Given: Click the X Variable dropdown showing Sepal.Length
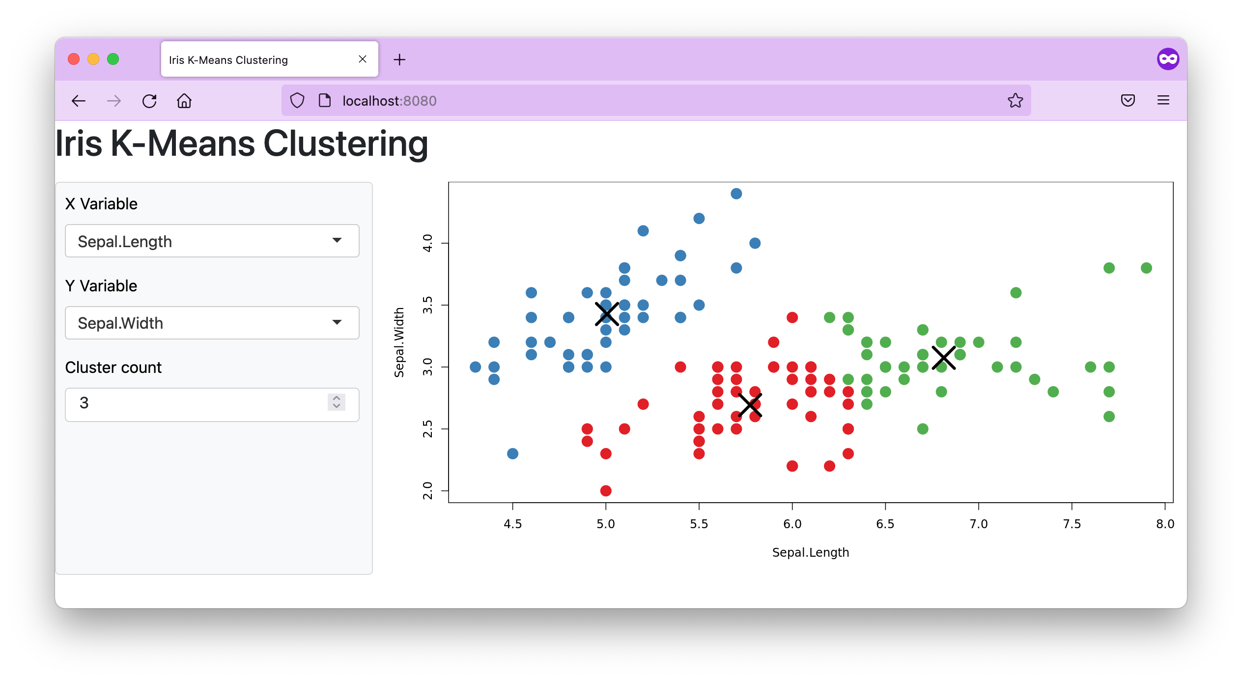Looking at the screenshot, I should [x=212, y=241].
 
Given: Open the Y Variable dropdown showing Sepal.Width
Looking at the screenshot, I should [x=212, y=323].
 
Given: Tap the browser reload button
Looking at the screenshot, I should [x=149, y=101].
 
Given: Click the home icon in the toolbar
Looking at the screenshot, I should [x=184, y=101].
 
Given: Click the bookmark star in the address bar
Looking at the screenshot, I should [x=1015, y=101].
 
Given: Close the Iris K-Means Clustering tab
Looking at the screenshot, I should [x=363, y=59].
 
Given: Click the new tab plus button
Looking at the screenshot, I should [x=399, y=60].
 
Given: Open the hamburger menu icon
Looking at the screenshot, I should [x=1163, y=101].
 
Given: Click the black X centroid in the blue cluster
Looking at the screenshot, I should [x=607, y=314].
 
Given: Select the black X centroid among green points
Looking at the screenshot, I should [x=943, y=358].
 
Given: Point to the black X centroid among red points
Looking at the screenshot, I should [x=750, y=405].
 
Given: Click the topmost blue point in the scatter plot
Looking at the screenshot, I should [x=736, y=194].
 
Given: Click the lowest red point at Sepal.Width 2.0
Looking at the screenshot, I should [x=606, y=490].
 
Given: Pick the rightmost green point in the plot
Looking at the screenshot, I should [x=1146, y=268].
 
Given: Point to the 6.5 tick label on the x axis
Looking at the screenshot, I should [x=885, y=524].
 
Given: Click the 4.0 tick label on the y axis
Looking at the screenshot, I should [x=427, y=243].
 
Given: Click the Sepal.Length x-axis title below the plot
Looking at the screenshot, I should [x=811, y=552].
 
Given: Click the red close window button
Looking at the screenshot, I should [x=74, y=59].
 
